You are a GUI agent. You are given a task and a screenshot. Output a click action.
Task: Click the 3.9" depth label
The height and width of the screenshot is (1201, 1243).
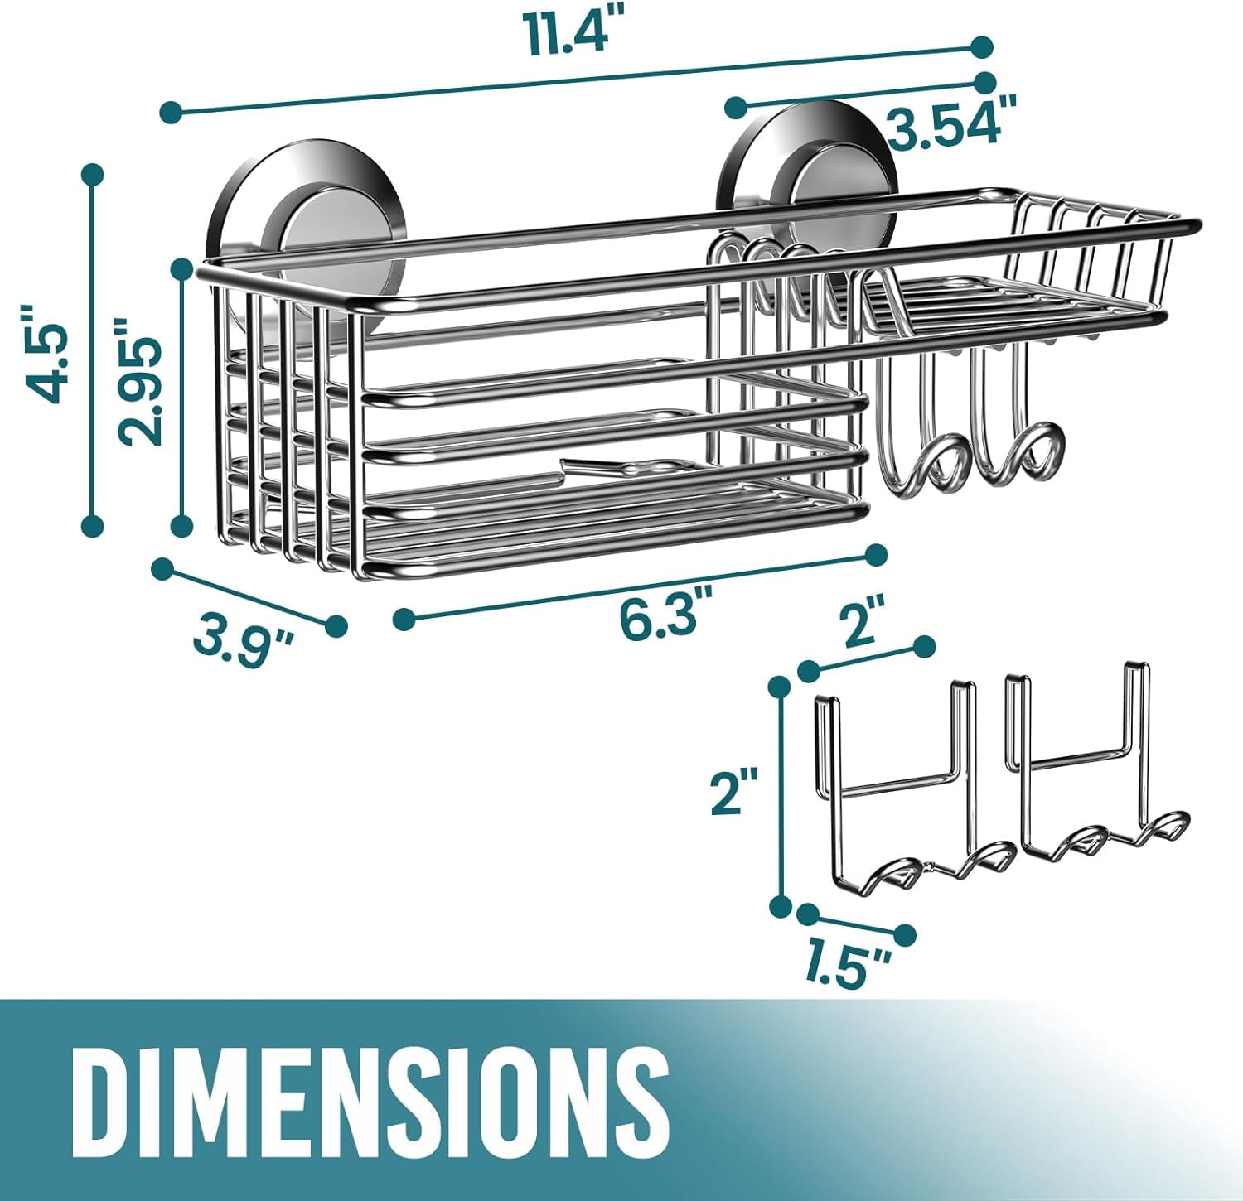click(x=244, y=647)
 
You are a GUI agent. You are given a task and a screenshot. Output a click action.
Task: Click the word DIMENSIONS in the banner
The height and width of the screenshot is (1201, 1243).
click(x=370, y=1097)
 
